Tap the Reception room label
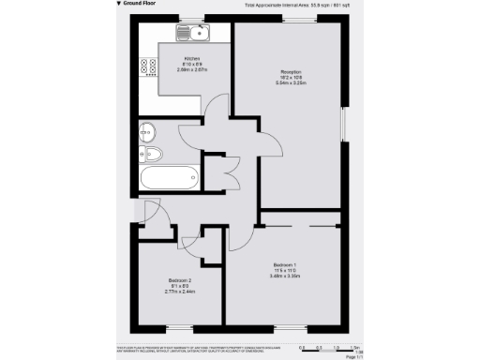click(x=290, y=72)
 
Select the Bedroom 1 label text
click(x=285, y=264)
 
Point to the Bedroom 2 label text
click(x=180, y=281)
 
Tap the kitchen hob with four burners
click(x=148, y=67)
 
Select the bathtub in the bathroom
click(x=168, y=176)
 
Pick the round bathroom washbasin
click(x=148, y=130)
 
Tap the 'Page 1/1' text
click(x=355, y=356)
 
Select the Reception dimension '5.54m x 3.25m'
click(x=290, y=83)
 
